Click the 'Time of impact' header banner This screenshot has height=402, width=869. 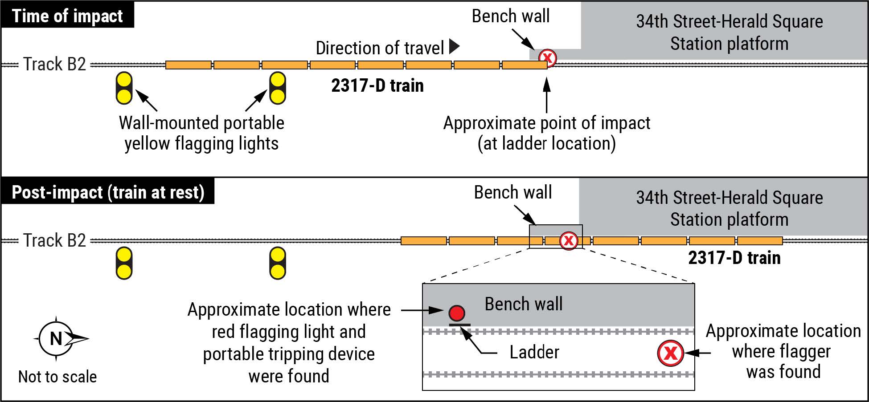click(67, 16)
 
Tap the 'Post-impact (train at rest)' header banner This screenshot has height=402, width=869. click(108, 192)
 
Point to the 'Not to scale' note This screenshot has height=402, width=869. click(57, 377)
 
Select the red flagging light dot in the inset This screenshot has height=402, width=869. click(457, 313)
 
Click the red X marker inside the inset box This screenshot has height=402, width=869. click(670, 353)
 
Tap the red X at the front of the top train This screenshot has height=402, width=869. click(548, 58)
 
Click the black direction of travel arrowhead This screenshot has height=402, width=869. click(454, 47)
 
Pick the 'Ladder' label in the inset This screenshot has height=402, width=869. click(534, 353)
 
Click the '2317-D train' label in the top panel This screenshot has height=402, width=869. click(377, 85)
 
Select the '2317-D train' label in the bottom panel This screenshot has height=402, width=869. click(734, 258)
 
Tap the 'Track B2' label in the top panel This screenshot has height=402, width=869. click(54, 65)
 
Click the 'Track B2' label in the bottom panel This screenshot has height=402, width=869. click(54, 240)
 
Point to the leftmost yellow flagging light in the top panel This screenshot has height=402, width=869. click(124, 88)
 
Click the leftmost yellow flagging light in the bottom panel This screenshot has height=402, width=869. click(124, 263)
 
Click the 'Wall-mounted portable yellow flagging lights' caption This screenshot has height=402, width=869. click(201, 133)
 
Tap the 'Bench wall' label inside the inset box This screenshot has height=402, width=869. click(524, 304)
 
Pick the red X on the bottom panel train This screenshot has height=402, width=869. click(569, 241)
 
